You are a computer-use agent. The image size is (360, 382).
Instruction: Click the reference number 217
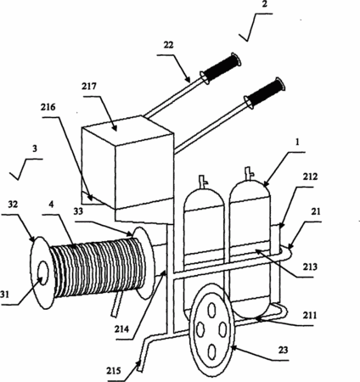click(89, 87)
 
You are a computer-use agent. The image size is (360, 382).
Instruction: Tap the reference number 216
click(48, 107)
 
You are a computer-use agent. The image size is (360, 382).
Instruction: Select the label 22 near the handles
click(168, 45)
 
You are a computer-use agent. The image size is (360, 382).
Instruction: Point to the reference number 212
click(310, 177)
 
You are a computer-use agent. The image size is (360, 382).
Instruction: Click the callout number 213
click(310, 267)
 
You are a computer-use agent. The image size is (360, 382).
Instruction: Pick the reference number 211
click(310, 315)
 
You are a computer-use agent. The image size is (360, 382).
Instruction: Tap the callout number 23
click(283, 350)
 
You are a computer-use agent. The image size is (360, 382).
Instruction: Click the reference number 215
click(114, 370)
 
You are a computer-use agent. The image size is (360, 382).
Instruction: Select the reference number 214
click(121, 329)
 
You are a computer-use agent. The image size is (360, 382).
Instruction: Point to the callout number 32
click(13, 205)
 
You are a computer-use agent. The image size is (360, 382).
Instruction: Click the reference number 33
click(78, 211)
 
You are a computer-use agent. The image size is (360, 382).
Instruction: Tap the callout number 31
click(4, 295)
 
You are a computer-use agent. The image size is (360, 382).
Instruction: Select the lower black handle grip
click(265, 93)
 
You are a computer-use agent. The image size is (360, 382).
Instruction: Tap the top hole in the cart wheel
click(211, 310)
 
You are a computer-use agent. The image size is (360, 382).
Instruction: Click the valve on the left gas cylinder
click(203, 181)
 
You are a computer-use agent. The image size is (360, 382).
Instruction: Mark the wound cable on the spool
click(98, 267)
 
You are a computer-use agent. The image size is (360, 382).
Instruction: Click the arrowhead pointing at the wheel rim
click(233, 347)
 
